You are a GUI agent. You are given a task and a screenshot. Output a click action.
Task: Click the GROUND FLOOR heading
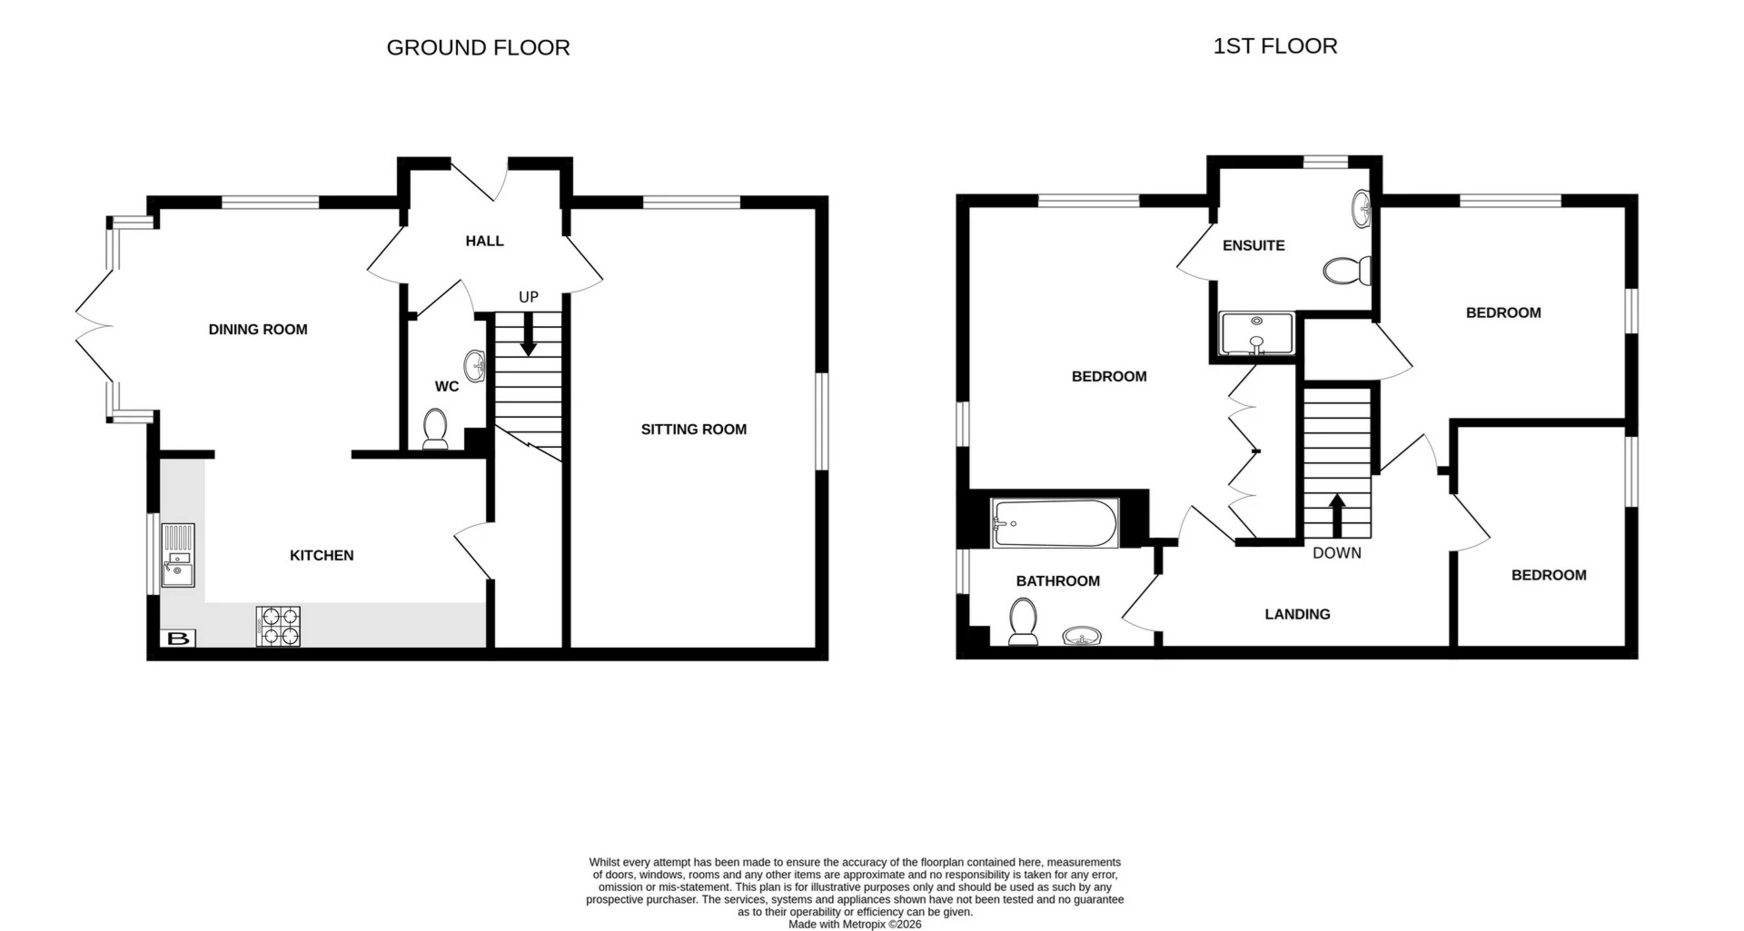pyautogui.click(x=478, y=47)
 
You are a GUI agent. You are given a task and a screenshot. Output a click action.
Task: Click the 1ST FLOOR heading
pyautogui.click(x=1274, y=45)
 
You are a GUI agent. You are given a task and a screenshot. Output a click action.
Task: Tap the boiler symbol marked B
pyautogui.click(x=179, y=639)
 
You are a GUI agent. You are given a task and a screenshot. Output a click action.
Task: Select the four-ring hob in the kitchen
pyautogui.click(x=279, y=626)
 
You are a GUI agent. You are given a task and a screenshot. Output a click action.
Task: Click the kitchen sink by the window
pyautogui.click(x=177, y=556)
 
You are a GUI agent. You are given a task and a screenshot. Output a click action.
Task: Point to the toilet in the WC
pyautogui.click(x=436, y=429)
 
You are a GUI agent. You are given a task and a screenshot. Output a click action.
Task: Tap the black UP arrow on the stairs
pyautogui.click(x=528, y=337)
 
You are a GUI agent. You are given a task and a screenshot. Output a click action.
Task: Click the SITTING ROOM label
pyautogui.click(x=693, y=429)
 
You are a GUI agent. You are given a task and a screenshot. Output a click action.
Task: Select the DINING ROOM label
pyautogui.click(x=258, y=329)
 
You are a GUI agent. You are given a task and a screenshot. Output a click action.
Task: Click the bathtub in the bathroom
pyautogui.click(x=1054, y=523)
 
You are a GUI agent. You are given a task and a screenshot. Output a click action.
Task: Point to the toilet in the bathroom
pyautogui.click(x=1024, y=622)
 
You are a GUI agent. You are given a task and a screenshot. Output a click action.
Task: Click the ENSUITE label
pyautogui.click(x=1253, y=245)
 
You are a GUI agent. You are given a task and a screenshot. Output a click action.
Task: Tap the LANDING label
pyautogui.click(x=1297, y=614)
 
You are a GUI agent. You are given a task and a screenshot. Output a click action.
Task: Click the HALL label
pyautogui.click(x=484, y=241)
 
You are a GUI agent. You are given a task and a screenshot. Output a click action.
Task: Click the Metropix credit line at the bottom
pyautogui.click(x=854, y=924)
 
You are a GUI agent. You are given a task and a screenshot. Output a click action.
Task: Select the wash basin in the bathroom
pyautogui.click(x=1083, y=634)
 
